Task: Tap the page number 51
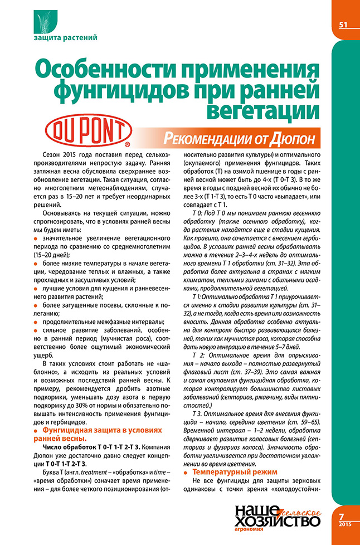click(343, 25)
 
